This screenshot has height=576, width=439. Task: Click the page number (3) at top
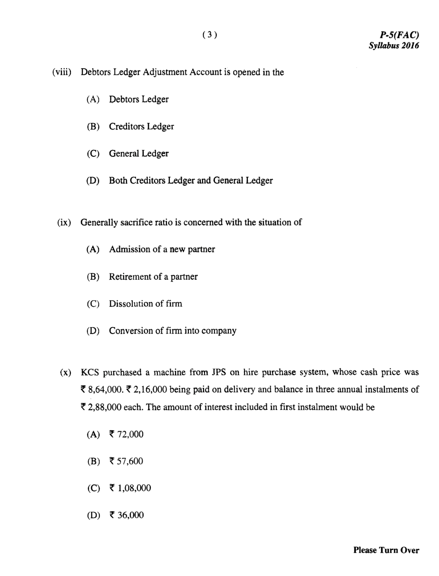click(x=210, y=34)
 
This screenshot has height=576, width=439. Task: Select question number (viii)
click(x=62, y=72)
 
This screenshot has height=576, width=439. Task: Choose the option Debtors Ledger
click(x=138, y=100)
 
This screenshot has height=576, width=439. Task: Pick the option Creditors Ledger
click(x=141, y=127)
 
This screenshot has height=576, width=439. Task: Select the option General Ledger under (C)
click(x=138, y=154)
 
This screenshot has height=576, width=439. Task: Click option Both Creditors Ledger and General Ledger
click(x=191, y=181)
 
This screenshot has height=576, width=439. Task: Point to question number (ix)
click(x=64, y=222)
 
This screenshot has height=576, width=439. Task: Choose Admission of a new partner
click(x=162, y=250)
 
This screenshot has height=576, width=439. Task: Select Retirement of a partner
click(x=153, y=277)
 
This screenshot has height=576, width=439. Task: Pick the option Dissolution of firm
click(x=145, y=304)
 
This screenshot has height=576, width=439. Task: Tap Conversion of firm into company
click(x=173, y=331)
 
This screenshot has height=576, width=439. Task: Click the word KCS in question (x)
click(x=89, y=373)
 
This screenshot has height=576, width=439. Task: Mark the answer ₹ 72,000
click(x=126, y=435)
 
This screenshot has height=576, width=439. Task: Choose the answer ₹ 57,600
click(x=126, y=462)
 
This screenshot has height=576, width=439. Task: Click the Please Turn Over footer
click(x=386, y=551)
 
